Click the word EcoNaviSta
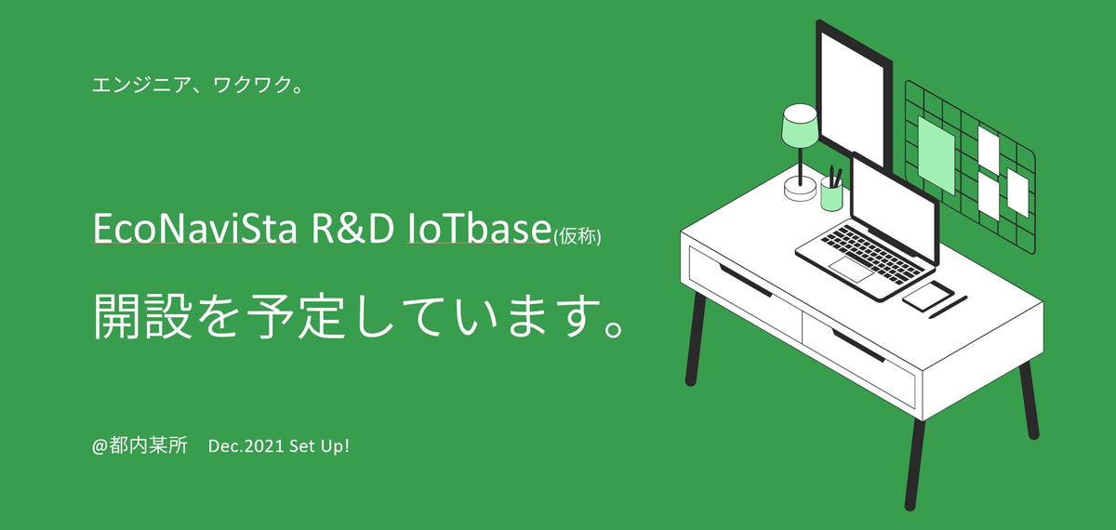click(195, 228)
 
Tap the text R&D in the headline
click(352, 228)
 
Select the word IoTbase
click(479, 228)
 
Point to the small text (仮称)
click(578, 236)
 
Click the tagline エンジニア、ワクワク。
click(197, 85)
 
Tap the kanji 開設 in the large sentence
click(142, 316)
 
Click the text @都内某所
click(140, 445)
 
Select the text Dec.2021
click(246, 445)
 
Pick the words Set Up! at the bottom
click(319, 445)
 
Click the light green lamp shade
click(800, 127)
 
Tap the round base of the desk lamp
click(801, 191)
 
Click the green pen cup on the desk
click(831, 196)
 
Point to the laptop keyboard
click(872, 254)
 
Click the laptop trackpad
click(851, 270)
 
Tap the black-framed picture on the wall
click(854, 95)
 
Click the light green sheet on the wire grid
click(937, 155)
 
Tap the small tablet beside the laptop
click(928, 296)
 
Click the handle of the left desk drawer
click(745, 281)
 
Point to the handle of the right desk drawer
click(857, 345)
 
